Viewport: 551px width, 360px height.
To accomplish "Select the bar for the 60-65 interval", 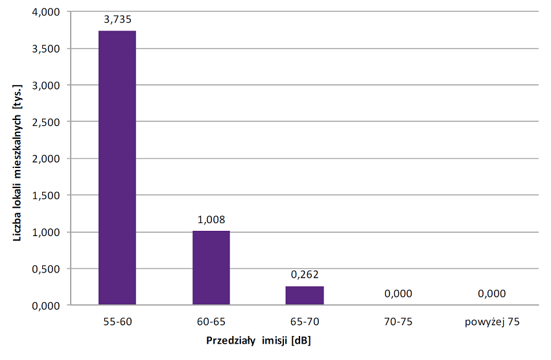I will [211, 267].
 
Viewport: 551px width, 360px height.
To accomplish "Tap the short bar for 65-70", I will [305, 295].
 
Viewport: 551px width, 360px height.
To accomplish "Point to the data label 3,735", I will [117, 20].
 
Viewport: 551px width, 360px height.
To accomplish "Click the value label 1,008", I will [211, 220].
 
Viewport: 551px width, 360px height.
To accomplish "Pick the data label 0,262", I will [305, 275].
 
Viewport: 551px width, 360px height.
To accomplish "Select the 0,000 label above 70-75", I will [398, 294].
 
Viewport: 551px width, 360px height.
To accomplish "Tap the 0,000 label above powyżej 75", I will [492, 294].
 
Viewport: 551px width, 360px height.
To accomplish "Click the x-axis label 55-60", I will [117, 321].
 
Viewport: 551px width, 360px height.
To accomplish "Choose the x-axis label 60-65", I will [211, 321].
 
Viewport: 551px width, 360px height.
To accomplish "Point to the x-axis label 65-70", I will [305, 321].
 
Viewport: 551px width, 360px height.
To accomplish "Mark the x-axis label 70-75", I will [398, 321].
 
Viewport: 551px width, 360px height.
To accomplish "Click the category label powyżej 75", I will [492, 321].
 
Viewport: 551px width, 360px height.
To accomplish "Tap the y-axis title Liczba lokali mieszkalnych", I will [19, 162].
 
